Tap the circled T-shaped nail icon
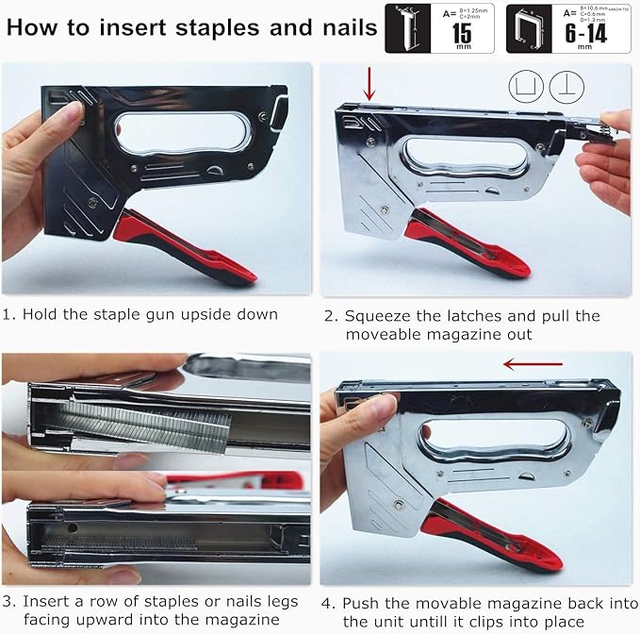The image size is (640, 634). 566,87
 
